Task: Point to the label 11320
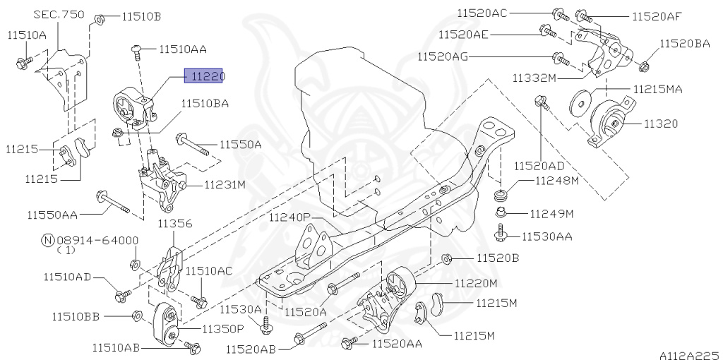coord(660,124)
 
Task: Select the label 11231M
coord(225,185)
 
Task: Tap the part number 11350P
coord(222,329)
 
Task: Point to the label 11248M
coord(556,181)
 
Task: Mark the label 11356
coord(174,224)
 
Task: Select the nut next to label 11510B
coord(100,17)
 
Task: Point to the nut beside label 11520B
coord(447,258)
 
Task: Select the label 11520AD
coord(539,167)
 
